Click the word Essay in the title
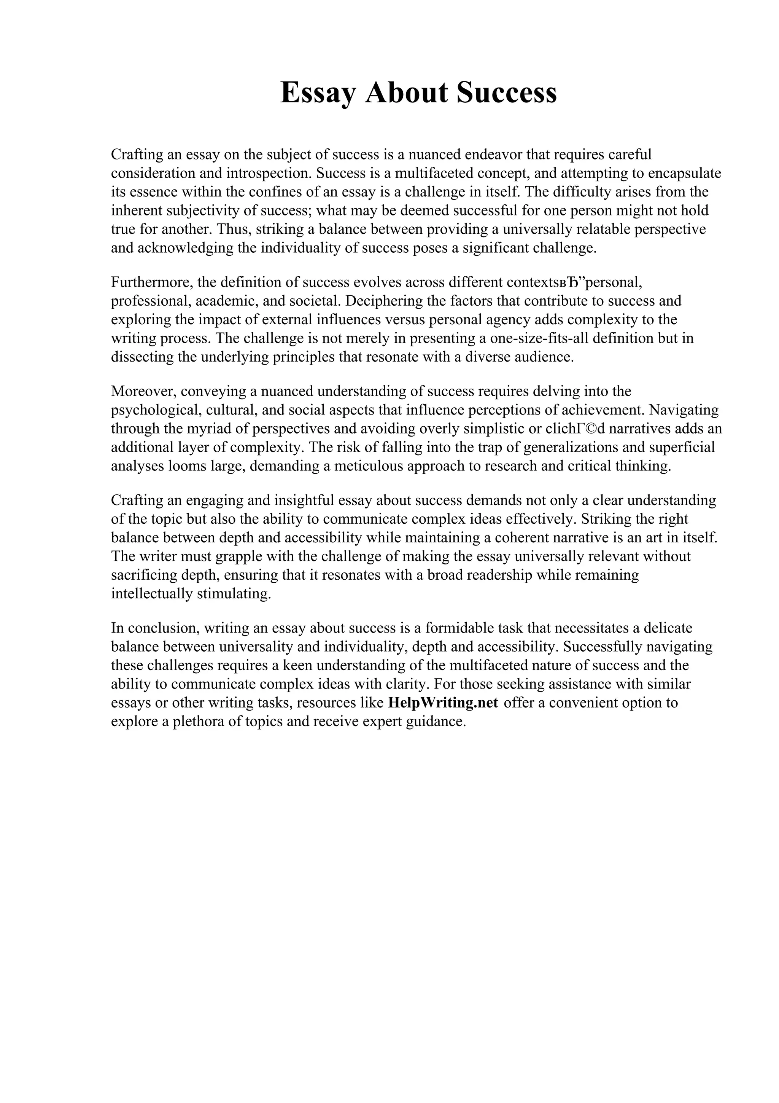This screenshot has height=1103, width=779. point(318,93)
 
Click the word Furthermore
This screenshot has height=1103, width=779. point(150,282)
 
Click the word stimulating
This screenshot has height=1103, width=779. point(234,594)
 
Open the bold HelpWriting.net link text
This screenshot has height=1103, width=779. point(443,703)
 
